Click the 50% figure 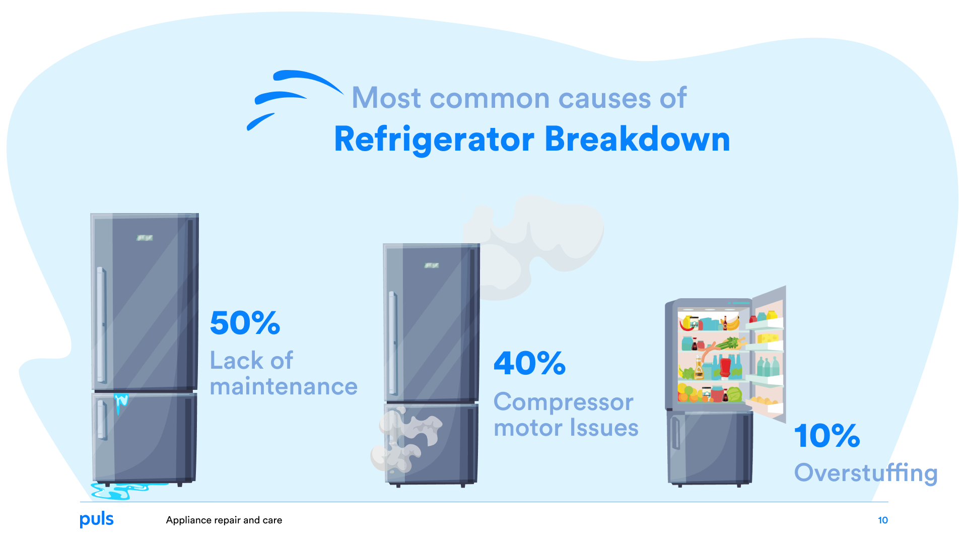(x=245, y=323)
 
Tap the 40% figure (x=529, y=363)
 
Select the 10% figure (x=827, y=436)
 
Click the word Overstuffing (x=866, y=473)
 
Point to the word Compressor (x=563, y=402)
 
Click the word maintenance (x=284, y=387)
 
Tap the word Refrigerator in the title (x=434, y=140)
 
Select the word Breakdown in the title (x=637, y=140)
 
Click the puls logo (x=97, y=519)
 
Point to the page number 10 (x=883, y=520)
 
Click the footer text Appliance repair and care (x=224, y=520)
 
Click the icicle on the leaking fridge (x=120, y=402)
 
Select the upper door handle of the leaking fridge (x=101, y=325)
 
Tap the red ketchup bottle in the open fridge (x=725, y=367)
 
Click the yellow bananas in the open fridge (x=731, y=323)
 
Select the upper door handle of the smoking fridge (x=392, y=343)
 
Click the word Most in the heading (x=386, y=98)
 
